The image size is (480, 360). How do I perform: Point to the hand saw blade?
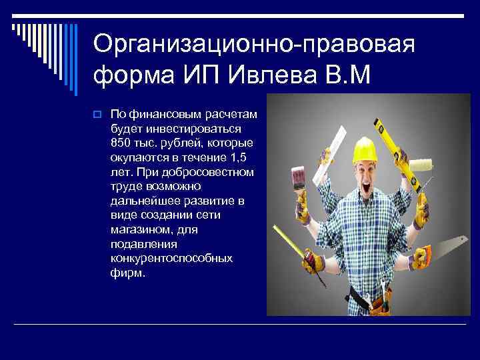445,246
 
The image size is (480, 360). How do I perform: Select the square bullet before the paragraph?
97,115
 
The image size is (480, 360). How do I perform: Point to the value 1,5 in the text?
241,157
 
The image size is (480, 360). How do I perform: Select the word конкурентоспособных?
171,258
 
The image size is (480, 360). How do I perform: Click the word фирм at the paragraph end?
127,273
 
